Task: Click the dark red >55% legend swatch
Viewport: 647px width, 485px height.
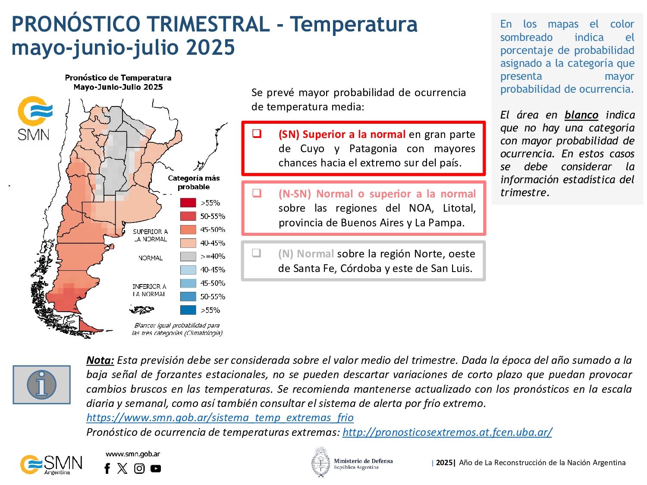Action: [x=188, y=203]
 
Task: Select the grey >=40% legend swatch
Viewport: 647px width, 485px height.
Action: [x=188, y=256]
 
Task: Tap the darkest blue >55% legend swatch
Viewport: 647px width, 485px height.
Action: [x=188, y=310]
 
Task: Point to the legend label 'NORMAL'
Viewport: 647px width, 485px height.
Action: [x=151, y=258]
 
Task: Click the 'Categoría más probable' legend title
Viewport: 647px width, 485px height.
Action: [x=194, y=182]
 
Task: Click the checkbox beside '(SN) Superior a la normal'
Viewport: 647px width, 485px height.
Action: [x=257, y=133]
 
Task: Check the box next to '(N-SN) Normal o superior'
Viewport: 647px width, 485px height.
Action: [x=257, y=193]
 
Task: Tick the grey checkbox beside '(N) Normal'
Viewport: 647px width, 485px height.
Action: [x=257, y=253]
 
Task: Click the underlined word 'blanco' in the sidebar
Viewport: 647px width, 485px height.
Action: [x=581, y=115]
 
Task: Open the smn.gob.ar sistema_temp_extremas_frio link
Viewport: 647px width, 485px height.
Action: [x=220, y=418]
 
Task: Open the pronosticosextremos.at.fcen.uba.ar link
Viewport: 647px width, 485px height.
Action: [x=447, y=432]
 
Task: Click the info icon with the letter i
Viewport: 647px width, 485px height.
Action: [x=41, y=385]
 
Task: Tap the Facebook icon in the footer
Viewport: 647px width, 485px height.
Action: [x=107, y=468]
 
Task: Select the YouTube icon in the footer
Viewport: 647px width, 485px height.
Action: [x=156, y=468]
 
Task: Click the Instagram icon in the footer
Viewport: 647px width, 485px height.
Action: [x=139, y=468]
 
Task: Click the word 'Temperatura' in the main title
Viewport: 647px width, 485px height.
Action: [x=354, y=24]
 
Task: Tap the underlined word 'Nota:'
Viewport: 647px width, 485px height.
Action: [x=100, y=360]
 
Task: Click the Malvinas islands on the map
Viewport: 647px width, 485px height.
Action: [x=142, y=310]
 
